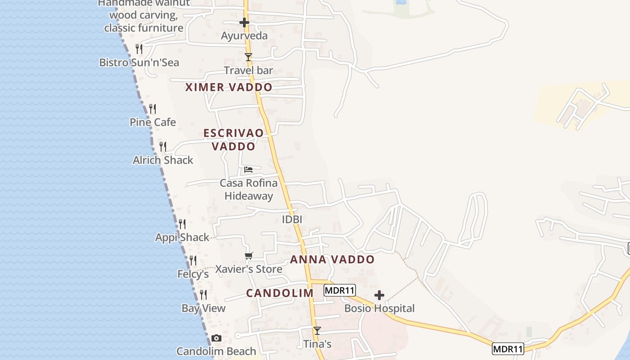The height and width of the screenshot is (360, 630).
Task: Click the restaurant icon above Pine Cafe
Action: pyautogui.click(x=153, y=108)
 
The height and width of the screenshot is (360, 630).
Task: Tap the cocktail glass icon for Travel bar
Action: pyautogui.click(x=248, y=57)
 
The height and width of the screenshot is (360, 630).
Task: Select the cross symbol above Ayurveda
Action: pyautogui.click(x=244, y=22)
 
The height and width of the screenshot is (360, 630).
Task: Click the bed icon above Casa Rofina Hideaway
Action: pyautogui.click(x=248, y=170)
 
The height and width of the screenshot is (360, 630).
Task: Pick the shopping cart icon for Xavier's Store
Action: pyautogui.click(x=248, y=256)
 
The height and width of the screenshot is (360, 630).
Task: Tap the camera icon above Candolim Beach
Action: pyautogui.click(x=216, y=338)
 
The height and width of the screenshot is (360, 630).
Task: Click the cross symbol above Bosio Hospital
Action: pyautogui.click(x=379, y=295)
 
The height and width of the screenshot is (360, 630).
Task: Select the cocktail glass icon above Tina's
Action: pyautogui.click(x=317, y=331)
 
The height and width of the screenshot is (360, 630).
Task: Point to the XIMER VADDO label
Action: pyautogui.click(x=229, y=87)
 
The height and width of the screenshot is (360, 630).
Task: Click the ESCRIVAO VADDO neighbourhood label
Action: pyautogui.click(x=234, y=139)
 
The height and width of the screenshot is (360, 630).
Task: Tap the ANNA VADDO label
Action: pyautogui.click(x=332, y=260)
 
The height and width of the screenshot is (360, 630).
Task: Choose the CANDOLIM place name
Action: pyautogui.click(x=279, y=293)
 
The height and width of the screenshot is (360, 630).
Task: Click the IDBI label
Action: pyautogui.click(x=292, y=220)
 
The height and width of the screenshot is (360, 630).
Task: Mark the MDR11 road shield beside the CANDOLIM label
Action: pyautogui.click(x=340, y=290)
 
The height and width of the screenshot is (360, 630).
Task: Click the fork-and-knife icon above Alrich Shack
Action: pyautogui.click(x=163, y=146)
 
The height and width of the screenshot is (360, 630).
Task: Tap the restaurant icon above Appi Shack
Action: pyautogui.click(x=182, y=224)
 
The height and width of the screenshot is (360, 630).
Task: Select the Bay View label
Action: pyautogui.click(x=203, y=308)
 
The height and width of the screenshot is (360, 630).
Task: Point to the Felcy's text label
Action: pyautogui.click(x=193, y=274)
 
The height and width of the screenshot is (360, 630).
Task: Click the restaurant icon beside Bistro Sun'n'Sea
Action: pyautogui.click(x=139, y=49)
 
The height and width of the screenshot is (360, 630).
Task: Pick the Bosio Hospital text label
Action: pyautogui.click(x=379, y=308)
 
